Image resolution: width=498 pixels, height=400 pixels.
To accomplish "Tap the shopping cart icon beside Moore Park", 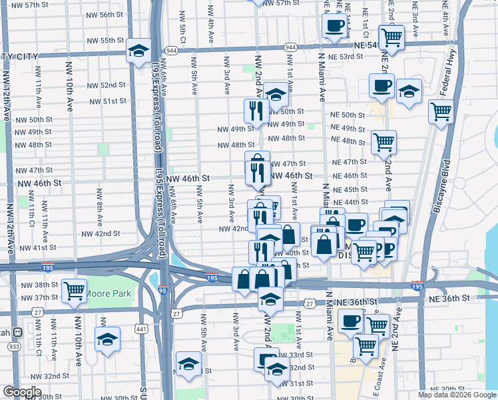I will pos(74,290).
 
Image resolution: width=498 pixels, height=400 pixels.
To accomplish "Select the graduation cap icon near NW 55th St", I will pos(138,52).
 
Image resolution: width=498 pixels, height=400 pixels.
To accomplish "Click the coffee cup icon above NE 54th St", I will pos(334,27).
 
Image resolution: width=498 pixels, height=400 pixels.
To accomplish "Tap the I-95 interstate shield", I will pos(163,289).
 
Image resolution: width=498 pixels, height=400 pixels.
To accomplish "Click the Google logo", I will pos(22,392).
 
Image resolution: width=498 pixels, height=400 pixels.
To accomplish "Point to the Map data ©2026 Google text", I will pos(457,395).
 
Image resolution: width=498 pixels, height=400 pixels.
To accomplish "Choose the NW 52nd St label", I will pos(105,85).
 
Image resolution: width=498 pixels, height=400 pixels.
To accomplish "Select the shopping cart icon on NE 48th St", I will pos(383,141).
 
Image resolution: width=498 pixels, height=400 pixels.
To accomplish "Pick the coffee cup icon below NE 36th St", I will pos(351,321).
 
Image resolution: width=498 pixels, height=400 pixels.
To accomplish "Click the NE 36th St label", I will pos(357,302).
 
